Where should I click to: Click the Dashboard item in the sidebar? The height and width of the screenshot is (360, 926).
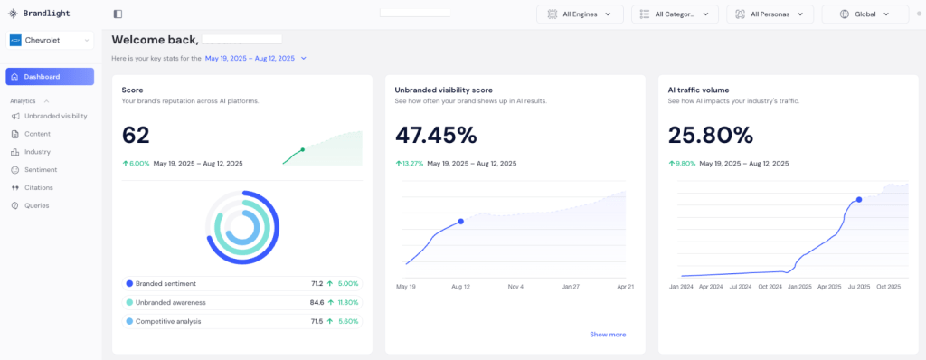click(50, 77)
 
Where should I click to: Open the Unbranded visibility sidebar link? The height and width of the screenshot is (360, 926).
click(55, 116)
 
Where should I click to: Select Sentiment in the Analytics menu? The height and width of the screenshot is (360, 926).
click(41, 170)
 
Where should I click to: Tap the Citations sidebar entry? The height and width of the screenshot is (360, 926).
click(38, 187)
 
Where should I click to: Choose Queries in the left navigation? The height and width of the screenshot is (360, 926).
click(36, 205)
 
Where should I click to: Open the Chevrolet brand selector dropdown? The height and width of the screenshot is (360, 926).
click(50, 40)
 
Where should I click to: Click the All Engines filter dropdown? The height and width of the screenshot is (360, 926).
click(580, 14)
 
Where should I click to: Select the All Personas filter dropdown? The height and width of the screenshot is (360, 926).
click(770, 14)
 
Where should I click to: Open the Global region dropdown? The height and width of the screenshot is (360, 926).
click(865, 14)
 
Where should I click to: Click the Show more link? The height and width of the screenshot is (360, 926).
click(608, 335)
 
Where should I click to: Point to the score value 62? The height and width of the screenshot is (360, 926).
click(136, 136)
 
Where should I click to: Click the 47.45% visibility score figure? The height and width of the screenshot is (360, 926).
click(436, 136)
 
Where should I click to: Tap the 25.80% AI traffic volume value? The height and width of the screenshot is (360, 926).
click(711, 136)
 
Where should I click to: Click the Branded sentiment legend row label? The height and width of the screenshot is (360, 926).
click(166, 284)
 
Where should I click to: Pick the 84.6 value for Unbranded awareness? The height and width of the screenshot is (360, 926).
click(317, 303)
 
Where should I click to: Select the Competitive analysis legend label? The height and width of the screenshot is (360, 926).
click(168, 322)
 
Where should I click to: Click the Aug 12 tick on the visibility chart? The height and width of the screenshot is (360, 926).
click(460, 287)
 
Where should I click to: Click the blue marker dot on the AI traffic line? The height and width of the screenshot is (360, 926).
click(859, 200)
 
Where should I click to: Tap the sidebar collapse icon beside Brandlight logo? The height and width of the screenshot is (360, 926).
click(118, 14)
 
